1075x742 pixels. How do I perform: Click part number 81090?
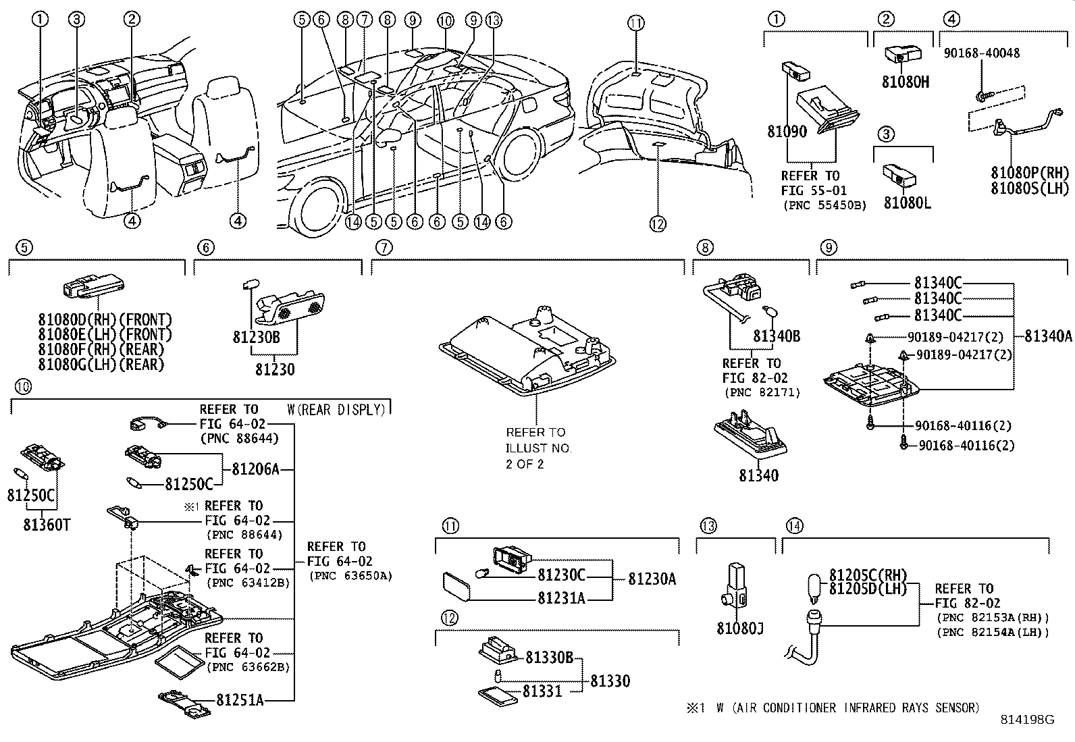coord(787,132)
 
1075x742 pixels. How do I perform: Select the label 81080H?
coord(905,82)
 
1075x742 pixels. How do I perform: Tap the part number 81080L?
coord(907,203)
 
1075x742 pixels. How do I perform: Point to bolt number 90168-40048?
coord(991,53)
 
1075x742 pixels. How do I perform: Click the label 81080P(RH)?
coord(1030,174)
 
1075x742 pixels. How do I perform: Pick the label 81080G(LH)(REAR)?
coord(101,365)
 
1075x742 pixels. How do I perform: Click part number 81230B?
coord(256,337)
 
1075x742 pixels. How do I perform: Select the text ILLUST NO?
coord(538,448)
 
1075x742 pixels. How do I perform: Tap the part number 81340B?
coord(777,336)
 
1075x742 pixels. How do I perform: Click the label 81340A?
coord(1048,336)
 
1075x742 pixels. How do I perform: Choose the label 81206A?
coord(255,469)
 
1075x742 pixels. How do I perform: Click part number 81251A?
coord(240,699)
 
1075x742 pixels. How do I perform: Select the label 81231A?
coord(561,598)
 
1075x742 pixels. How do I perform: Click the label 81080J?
coord(740,629)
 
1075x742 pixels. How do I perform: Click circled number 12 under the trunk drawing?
coord(658,224)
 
